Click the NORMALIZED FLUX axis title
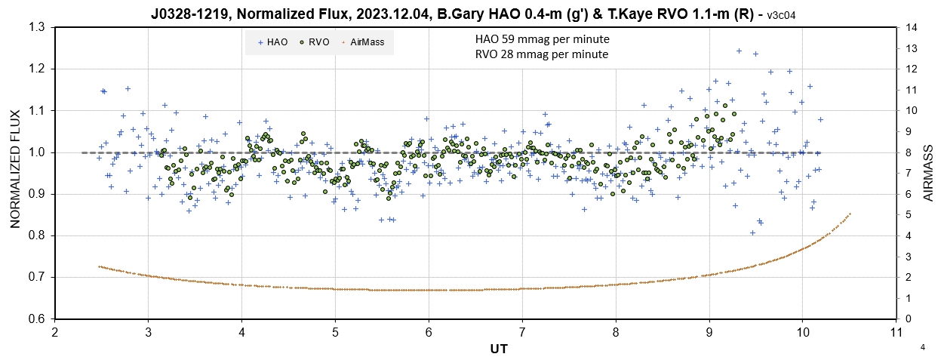point(15,173)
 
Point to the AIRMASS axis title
point(928,173)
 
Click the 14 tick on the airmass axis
point(909,27)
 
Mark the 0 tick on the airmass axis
point(906,318)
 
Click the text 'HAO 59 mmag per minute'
point(542,39)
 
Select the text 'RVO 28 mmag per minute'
point(542,54)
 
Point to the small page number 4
point(923,347)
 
